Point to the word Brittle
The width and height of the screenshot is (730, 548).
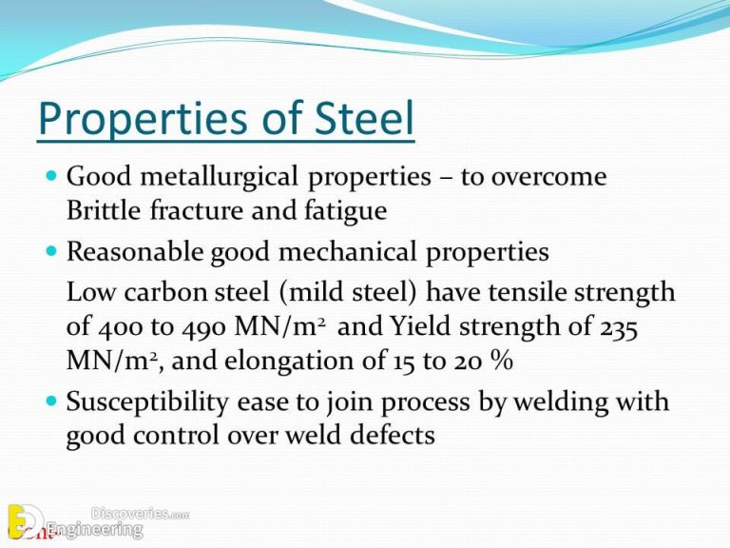click(x=102, y=208)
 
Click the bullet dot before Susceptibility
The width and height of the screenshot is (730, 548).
click(x=50, y=401)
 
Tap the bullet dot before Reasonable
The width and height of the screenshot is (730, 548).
click(x=50, y=251)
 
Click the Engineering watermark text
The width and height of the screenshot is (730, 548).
click(x=95, y=529)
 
